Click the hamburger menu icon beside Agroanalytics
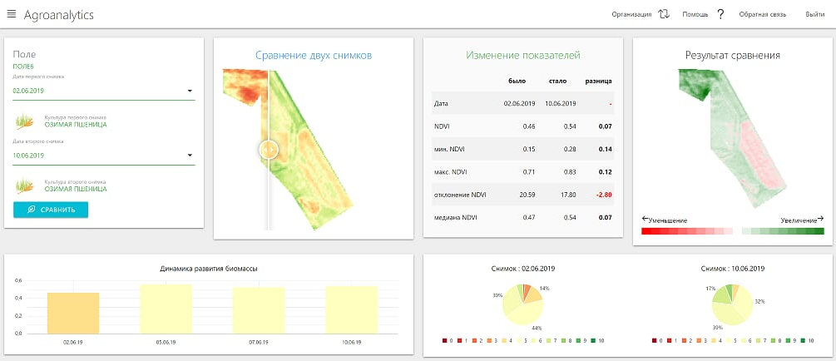(x=12, y=15)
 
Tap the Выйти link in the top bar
(x=814, y=15)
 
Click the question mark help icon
(x=720, y=15)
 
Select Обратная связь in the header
(x=763, y=15)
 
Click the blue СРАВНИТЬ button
(x=51, y=210)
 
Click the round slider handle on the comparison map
(x=268, y=150)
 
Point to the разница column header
(x=599, y=81)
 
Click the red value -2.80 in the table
(x=603, y=195)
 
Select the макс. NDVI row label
(x=452, y=172)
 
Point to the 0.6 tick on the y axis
(x=18, y=280)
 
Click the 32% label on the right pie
(x=759, y=302)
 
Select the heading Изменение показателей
(x=522, y=55)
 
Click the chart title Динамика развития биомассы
(x=209, y=269)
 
